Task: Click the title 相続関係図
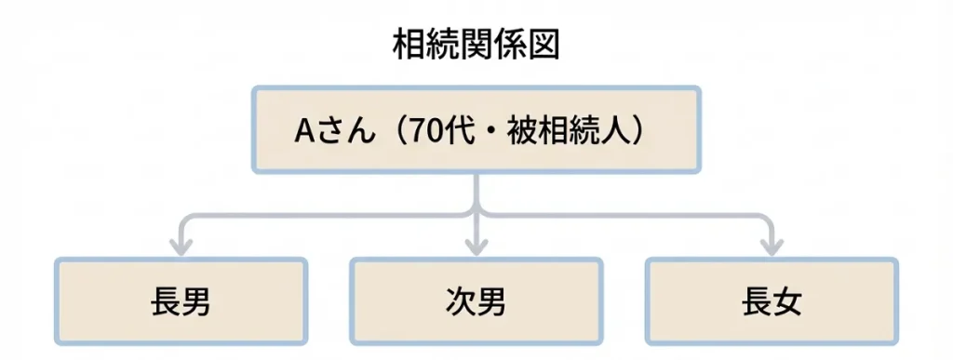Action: tap(476, 44)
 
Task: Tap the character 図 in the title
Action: tap(544, 44)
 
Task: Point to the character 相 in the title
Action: tap(408, 44)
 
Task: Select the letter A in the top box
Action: tap(303, 131)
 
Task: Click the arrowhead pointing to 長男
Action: tap(181, 247)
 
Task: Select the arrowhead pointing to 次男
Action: tap(476, 247)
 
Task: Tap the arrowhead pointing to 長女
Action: tap(772, 247)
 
